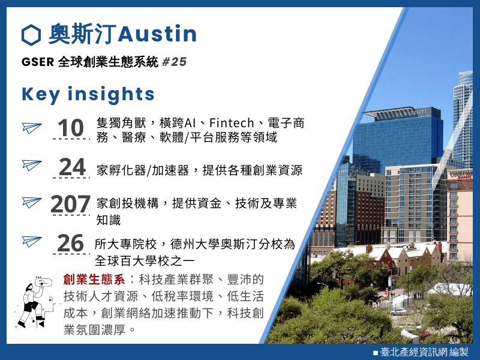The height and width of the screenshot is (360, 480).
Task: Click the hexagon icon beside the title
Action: click(x=31, y=35)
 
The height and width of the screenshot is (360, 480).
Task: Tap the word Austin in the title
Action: click(x=157, y=34)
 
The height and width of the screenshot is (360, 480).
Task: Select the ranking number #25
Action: click(x=174, y=62)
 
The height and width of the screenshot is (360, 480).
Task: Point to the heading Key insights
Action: click(x=88, y=94)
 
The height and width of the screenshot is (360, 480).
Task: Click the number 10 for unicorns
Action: click(x=71, y=128)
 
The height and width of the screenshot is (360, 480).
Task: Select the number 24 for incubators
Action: click(x=72, y=167)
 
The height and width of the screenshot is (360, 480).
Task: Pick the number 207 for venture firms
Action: click(x=71, y=204)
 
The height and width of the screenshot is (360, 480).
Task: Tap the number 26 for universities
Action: click(x=70, y=243)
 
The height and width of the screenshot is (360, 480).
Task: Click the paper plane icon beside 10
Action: click(x=32, y=128)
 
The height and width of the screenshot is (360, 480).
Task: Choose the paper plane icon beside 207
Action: click(x=32, y=202)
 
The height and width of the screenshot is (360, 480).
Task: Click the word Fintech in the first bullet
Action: click(x=232, y=123)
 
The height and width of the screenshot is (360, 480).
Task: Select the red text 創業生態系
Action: click(x=94, y=280)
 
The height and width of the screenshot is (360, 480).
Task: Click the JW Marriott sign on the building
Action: click(x=411, y=113)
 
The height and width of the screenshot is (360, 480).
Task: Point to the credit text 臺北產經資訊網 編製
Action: click(x=424, y=352)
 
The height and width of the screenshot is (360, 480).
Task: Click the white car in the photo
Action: click(x=398, y=312)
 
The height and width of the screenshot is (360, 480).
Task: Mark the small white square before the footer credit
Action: click(x=376, y=353)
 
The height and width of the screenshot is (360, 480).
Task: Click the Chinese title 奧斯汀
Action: click(x=82, y=34)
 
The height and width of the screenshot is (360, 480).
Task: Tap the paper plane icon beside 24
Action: click(x=32, y=165)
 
